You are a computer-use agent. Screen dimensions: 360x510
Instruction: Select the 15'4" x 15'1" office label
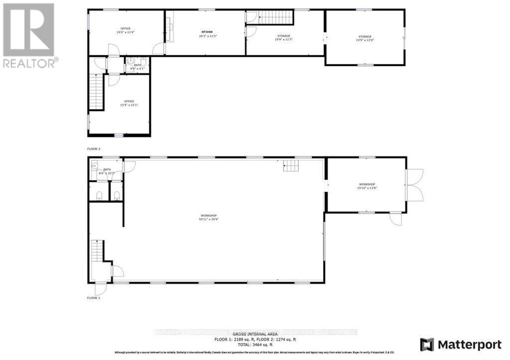[129, 105]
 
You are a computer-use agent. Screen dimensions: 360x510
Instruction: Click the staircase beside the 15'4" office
[96, 92]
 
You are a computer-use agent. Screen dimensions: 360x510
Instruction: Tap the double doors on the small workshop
[415, 185]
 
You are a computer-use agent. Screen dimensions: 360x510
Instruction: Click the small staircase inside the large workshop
[290, 165]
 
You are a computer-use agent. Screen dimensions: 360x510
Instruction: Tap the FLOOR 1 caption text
[94, 298]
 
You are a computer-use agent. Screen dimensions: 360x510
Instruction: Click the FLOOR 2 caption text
[94, 149]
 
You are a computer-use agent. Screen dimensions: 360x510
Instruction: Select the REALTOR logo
[29, 35]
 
